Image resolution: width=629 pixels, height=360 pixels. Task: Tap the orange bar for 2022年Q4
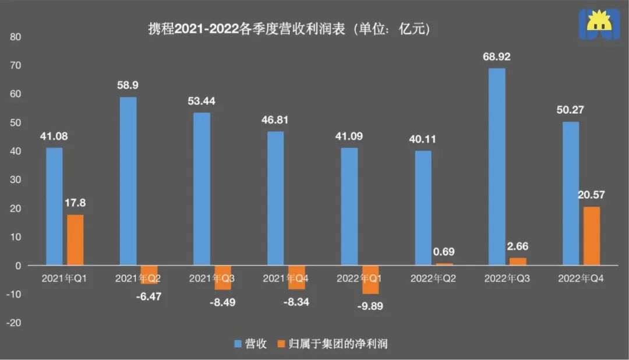(x=591, y=236)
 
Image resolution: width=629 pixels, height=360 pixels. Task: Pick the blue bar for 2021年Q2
(x=128, y=181)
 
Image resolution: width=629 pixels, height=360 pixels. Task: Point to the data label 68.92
(x=497, y=58)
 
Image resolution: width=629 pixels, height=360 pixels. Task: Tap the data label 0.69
(x=444, y=252)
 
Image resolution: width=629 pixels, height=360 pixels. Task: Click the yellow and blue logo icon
(x=599, y=24)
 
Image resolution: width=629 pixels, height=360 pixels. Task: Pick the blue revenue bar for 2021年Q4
(x=275, y=199)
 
